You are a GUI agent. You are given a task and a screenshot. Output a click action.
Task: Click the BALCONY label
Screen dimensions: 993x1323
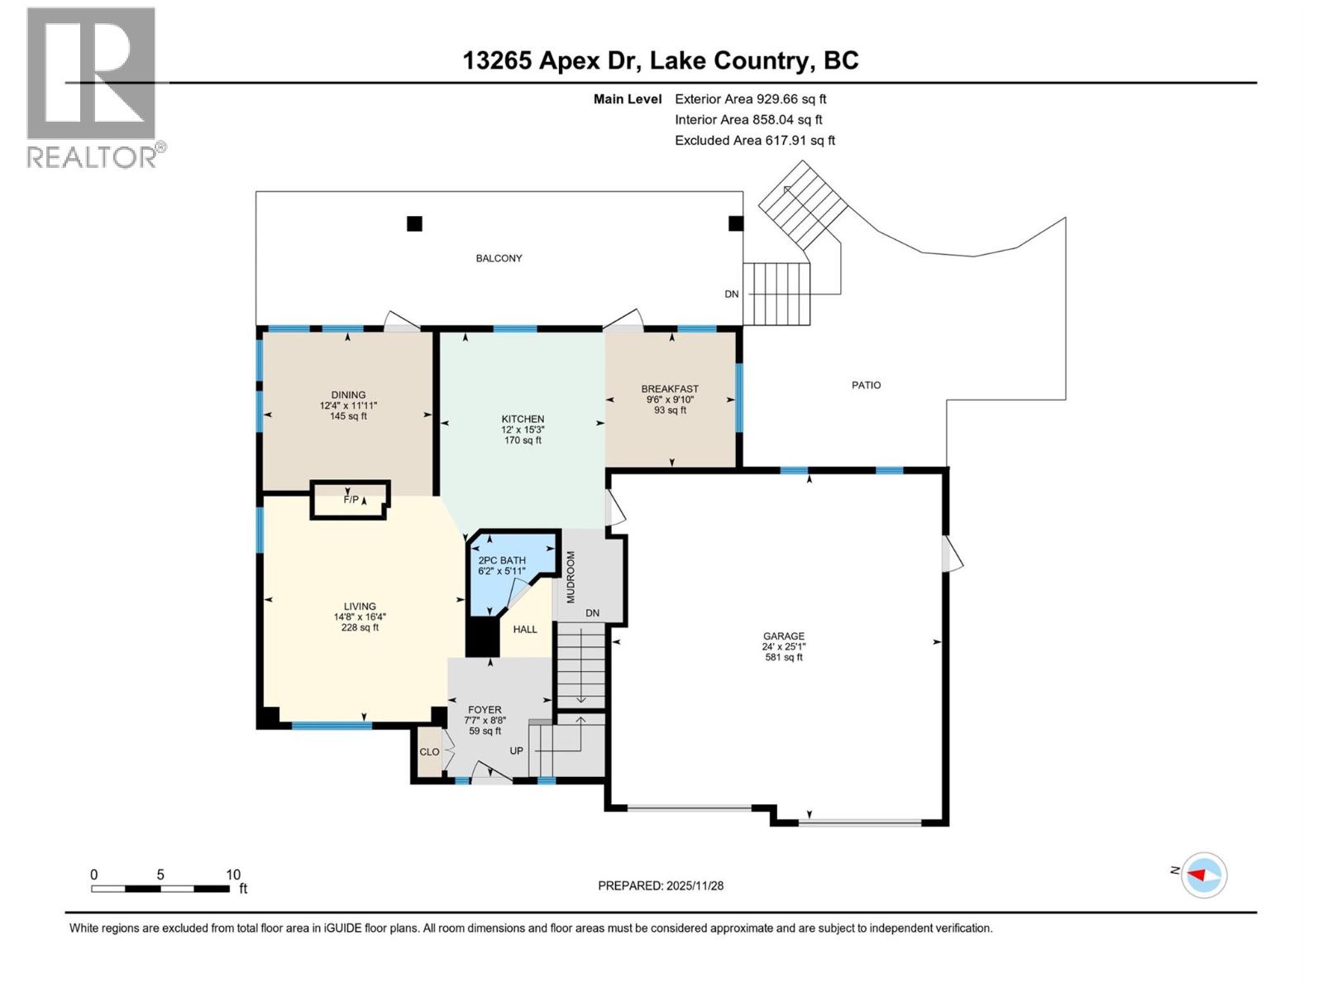pyautogui.click(x=499, y=258)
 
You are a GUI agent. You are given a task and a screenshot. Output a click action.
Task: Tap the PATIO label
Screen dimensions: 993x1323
pyautogui.click(x=866, y=385)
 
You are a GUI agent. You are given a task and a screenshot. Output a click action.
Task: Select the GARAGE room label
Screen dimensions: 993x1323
pyautogui.click(x=783, y=636)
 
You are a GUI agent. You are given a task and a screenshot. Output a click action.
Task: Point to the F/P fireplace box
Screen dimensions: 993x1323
pyautogui.click(x=350, y=500)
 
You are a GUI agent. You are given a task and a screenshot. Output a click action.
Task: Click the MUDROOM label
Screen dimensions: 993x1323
pyautogui.click(x=571, y=577)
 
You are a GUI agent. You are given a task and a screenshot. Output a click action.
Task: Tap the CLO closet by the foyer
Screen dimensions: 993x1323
pyautogui.click(x=429, y=751)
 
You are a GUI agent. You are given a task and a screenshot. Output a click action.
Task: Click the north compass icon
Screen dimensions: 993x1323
pyautogui.click(x=1203, y=875)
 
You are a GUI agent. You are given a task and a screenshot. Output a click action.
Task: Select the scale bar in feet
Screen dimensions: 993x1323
pyautogui.click(x=160, y=888)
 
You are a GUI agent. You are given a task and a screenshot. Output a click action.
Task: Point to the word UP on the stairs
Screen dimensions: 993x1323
pyautogui.click(x=516, y=751)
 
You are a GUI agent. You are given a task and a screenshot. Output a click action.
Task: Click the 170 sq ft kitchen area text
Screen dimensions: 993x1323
pyautogui.click(x=523, y=440)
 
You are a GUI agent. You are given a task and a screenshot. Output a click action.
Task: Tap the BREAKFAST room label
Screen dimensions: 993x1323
pyautogui.click(x=670, y=389)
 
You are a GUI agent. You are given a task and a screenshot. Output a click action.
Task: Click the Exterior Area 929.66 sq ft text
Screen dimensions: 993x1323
pyautogui.click(x=750, y=98)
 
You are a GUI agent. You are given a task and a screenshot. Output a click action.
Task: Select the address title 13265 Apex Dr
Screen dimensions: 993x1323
pyautogui.click(x=660, y=60)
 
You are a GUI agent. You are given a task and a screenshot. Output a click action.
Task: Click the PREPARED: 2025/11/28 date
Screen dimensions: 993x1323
pyautogui.click(x=661, y=885)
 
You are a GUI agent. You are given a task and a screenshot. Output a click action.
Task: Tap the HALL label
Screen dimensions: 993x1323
pyautogui.click(x=525, y=629)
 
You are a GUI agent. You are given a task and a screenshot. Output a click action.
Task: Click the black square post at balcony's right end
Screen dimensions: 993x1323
pyautogui.click(x=735, y=223)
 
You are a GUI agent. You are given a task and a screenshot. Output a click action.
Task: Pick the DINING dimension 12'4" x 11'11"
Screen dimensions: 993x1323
pyautogui.click(x=348, y=405)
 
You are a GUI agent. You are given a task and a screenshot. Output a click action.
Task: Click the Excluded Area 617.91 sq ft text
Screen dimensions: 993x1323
pyautogui.click(x=754, y=141)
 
